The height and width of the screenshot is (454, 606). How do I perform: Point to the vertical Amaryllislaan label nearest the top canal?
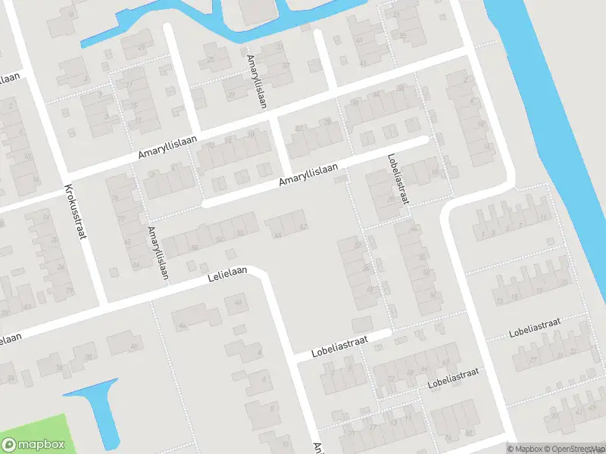pyautogui.click(x=256, y=82)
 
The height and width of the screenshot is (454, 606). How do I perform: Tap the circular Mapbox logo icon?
pyautogui.click(x=10, y=444)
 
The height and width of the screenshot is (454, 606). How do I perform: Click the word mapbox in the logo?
pyautogui.click(x=41, y=444)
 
